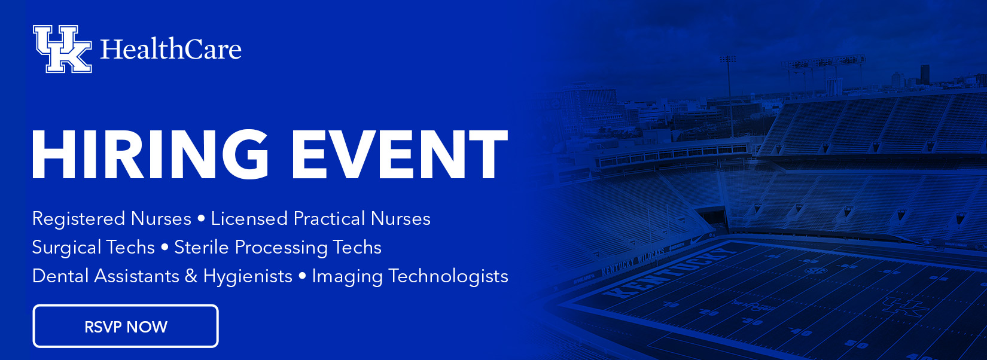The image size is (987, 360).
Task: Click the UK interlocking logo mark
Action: tap(62, 49)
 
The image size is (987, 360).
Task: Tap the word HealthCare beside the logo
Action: tap(171, 49)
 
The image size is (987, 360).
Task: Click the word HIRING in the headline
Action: tap(150, 154)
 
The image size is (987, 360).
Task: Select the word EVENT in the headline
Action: tap(399, 154)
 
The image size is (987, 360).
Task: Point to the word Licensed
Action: tap(249, 218)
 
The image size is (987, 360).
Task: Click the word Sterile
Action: tap(202, 247)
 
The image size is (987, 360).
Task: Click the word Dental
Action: tap(60, 276)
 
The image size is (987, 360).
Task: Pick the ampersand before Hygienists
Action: tap(191, 276)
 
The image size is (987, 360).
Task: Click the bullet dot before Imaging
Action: tap(302, 277)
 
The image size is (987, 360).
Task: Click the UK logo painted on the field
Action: tap(905, 307)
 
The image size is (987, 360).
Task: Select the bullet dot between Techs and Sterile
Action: tap(164, 248)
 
